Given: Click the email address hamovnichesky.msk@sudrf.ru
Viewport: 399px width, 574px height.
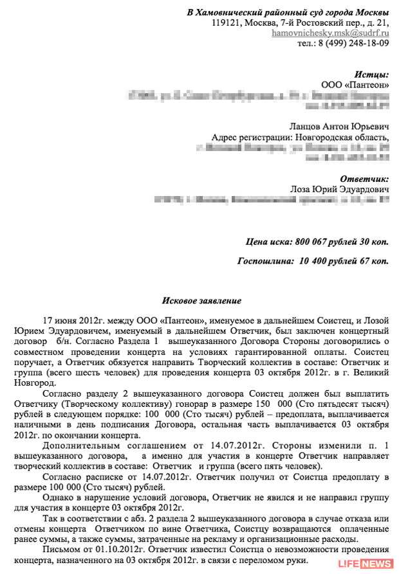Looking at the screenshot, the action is [x=330, y=32].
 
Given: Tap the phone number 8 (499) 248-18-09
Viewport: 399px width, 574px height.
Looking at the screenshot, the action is [x=353, y=43].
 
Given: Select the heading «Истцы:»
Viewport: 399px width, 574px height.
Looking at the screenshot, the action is [x=371, y=75].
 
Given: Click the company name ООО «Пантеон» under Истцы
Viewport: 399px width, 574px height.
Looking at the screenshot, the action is [x=355, y=85].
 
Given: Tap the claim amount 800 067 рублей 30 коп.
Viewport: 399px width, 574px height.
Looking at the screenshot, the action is [x=342, y=242].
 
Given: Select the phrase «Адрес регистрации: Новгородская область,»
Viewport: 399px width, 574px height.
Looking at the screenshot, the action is [x=300, y=137].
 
